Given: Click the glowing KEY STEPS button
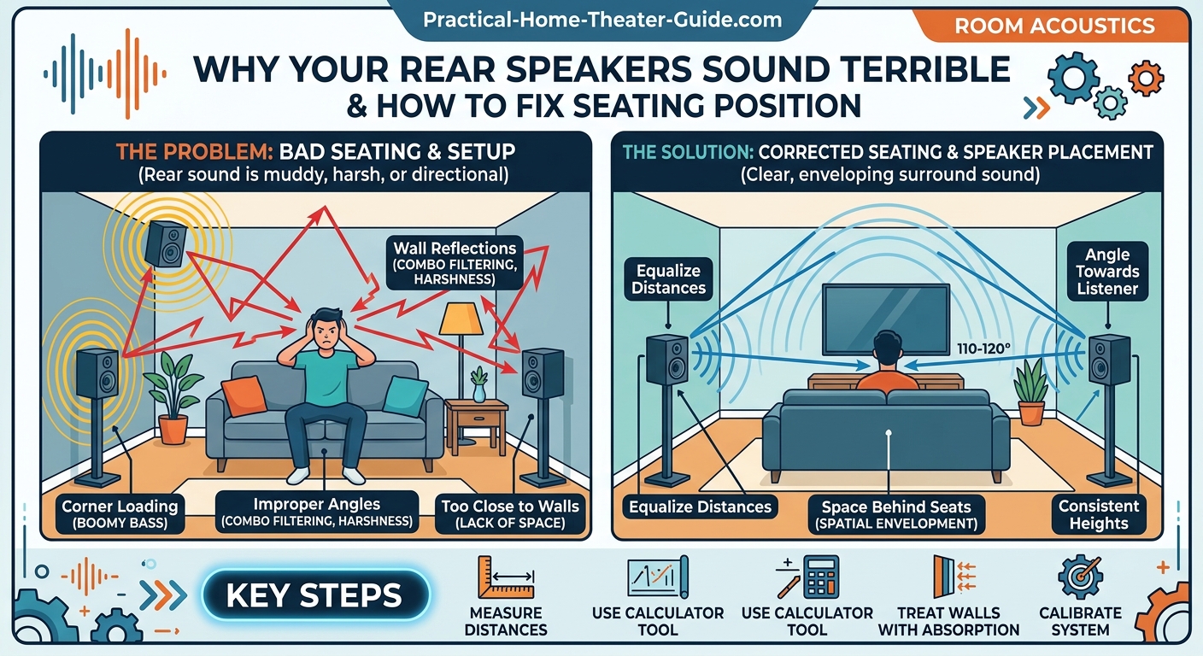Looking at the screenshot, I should point(314,595).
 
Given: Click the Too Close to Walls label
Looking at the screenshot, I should point(509,514).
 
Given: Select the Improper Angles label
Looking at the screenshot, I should point(316,512).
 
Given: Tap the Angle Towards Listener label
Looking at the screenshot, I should point(1107,272).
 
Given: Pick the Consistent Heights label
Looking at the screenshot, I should point(1099,514).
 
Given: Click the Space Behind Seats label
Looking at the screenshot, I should point(896,514).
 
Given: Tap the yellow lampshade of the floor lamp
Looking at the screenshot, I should point(461,319).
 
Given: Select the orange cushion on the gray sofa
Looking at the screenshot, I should point(244,395).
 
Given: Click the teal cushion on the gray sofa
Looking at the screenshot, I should point(404,396).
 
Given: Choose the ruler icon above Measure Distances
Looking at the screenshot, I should point(506,578).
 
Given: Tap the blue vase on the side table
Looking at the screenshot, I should point(478,392).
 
